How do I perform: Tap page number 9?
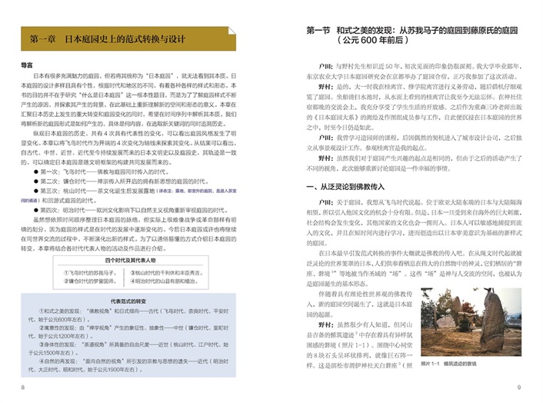click(x=520, y=387)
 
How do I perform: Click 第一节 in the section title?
click(x=319, y=31)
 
